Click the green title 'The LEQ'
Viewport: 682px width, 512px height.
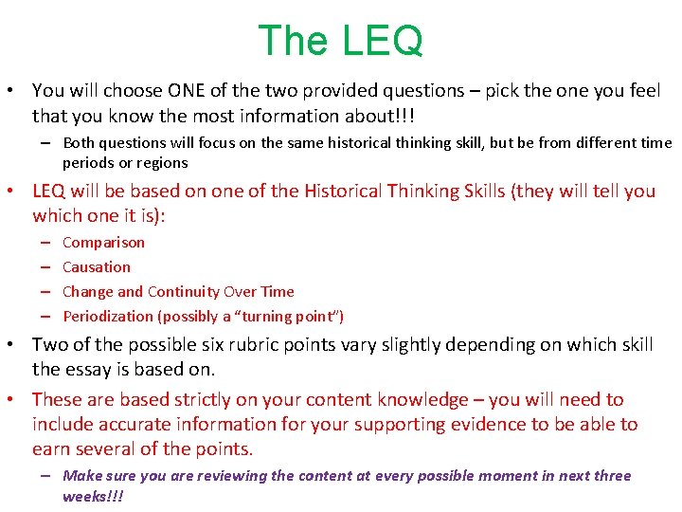tap(340, 41)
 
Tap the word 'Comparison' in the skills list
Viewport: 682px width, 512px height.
tap(103, 243)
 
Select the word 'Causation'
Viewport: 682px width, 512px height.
tap(97, 267)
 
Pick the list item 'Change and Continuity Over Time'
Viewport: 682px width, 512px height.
tap(178, 292)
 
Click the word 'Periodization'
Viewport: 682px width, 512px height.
tap(106, 317)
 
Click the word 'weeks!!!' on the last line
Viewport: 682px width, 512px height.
tap(93, 497)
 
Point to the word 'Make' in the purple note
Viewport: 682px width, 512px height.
tap(81, 476)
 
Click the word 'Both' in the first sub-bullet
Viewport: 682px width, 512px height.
tap(80, 143)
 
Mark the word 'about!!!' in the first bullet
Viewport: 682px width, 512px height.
tap(381, 116)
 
